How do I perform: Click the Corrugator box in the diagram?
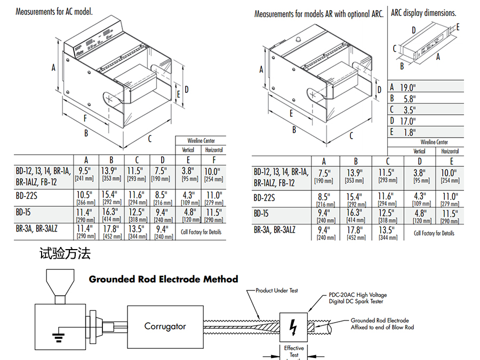(x=165, y=326)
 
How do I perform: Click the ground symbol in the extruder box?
(x=55, y=335)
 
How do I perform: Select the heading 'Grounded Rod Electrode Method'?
(x=163, y=279)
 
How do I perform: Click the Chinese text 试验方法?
(x=65, y=253)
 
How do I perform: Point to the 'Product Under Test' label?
(x=276, y=291)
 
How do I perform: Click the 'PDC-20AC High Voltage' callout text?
(x=357, y=295)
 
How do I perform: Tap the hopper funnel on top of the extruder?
(x=59, y=283)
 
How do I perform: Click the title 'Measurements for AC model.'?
(x=54, y=11)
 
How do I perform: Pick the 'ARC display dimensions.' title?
(x=423, y=13)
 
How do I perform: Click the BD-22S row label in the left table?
(x=29, y=195)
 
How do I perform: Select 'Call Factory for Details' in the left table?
(x=201, y=232)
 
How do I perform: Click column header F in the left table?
(x=213, y=160)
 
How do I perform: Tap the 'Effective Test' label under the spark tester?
(x=294, y=351)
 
